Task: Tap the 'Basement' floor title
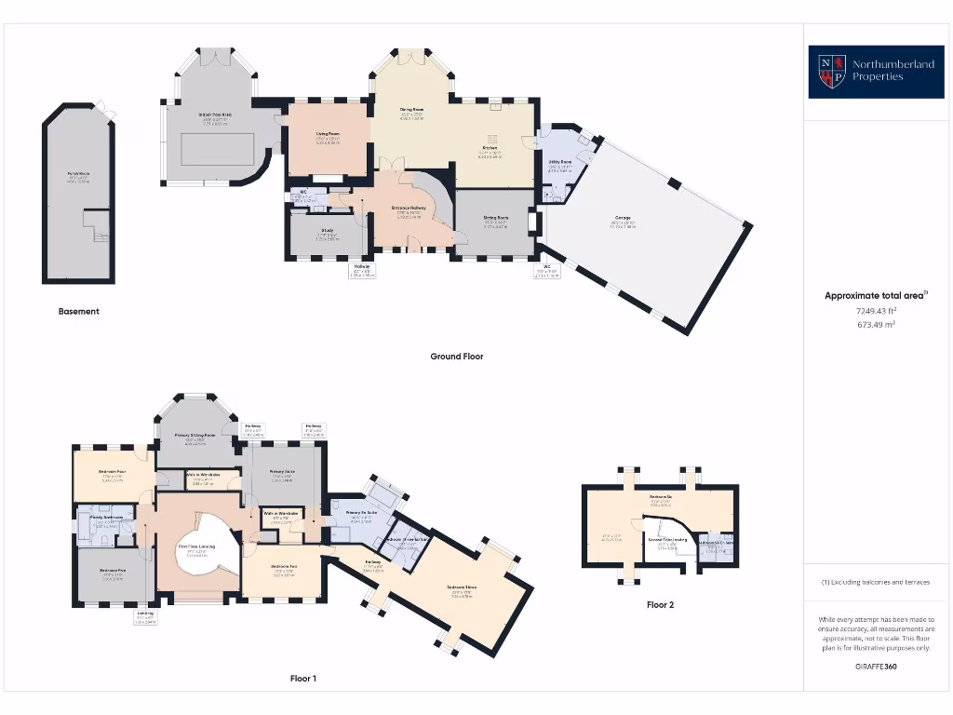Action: [x=78, y=311]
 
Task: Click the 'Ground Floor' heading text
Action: [x=456, y=356]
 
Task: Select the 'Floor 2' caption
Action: [x=660, y=604]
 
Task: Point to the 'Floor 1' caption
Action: [x=302, y=679]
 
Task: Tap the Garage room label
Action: [x=622, y=220]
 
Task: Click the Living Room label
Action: [x=327, y=134]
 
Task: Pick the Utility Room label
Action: [x=560, y=162]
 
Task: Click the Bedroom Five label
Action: [x=113, y=571]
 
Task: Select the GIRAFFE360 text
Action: [x=875, y=667]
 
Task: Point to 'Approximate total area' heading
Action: [x=875, y=295]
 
